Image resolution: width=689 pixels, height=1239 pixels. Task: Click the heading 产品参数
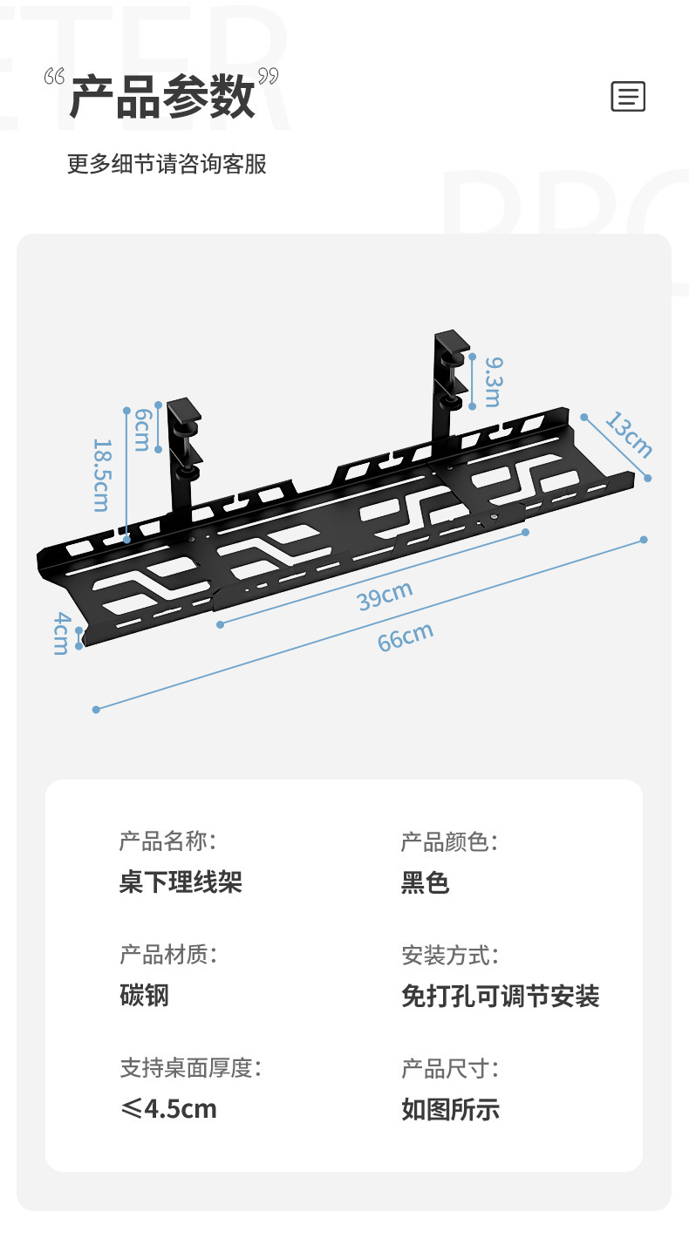coord(162,97)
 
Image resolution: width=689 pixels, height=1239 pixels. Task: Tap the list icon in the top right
coord(628,96)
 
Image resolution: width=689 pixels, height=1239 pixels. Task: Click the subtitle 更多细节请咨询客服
coord(167,164)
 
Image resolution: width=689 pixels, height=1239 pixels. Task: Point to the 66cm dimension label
coord(406,637)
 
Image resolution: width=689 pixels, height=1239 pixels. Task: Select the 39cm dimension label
coord(385,596)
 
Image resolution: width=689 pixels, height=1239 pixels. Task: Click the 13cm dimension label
coord(628,434)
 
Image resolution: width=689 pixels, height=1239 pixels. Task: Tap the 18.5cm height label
coord(102,474)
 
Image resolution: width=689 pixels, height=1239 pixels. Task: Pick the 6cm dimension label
coord(142,430)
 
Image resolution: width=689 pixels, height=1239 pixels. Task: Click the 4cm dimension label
coord(61,632)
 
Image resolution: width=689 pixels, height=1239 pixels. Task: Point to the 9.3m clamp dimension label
coord(493,381)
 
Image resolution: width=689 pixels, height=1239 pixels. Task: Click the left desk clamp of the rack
coord(186,436)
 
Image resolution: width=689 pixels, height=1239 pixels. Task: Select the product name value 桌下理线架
coord(181,882)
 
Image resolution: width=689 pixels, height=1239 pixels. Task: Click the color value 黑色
coord(425,882)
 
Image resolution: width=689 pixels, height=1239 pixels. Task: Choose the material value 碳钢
coord(144,995)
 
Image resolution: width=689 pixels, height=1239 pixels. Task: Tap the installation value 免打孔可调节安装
coord(500,996)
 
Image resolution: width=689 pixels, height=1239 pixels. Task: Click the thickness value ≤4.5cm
coord(168,1108)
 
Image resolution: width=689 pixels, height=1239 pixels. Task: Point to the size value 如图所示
coord(450,1109)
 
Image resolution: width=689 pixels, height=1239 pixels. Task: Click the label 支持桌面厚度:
coord(190,1068)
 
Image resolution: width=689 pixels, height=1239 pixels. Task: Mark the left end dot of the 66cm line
coord(96,710)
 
